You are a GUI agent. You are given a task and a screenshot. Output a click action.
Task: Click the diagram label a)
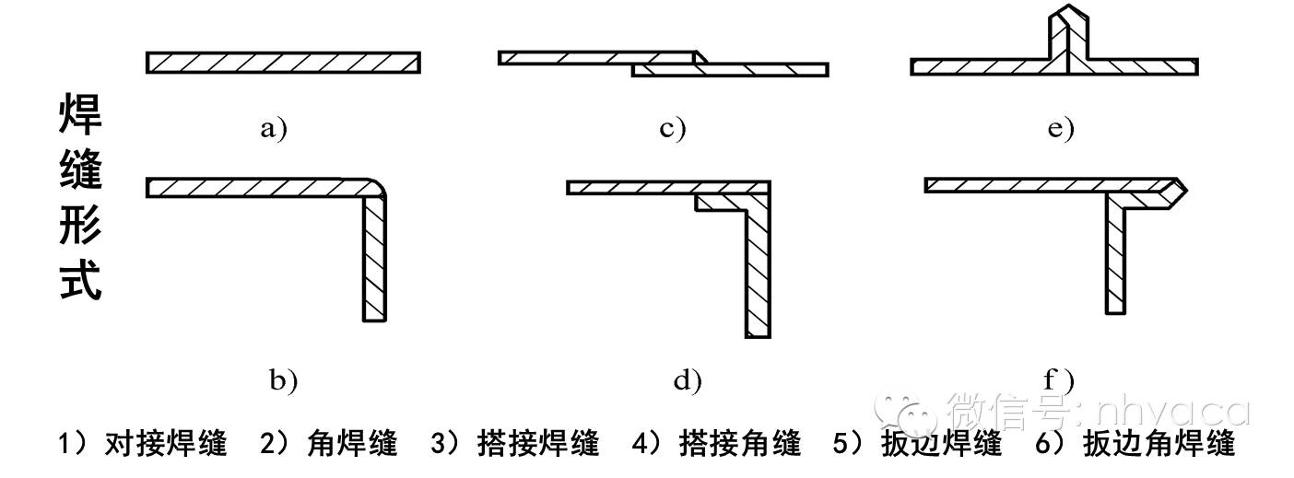coord(273,128)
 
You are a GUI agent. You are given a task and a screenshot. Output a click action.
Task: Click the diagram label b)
coord(283,379)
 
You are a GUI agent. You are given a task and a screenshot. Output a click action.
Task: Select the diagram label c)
coord(673,128)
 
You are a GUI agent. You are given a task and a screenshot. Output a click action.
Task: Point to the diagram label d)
coord(687,379)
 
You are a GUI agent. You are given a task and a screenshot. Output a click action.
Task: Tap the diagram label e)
coord(1061,128)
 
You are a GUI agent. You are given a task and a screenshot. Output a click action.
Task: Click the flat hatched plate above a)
coord(283,63)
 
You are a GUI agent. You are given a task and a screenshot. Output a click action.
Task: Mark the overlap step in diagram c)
coord(698,63)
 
